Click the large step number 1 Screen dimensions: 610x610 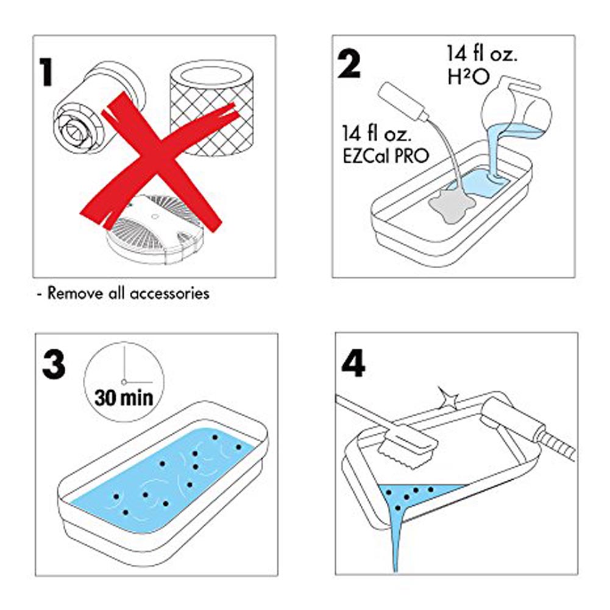[x=47, y=72]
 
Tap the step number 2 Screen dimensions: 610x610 [x=349, y=65]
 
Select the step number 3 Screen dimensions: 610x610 [x=54, y=364]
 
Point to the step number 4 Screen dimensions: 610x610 [x=353, y=363]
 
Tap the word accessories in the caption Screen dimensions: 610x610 [x=169, y=293]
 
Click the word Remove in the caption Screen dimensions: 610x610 [x=76, y=293]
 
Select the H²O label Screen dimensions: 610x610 [x=468, y=77]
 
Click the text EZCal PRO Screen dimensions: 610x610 [x=386, y=156]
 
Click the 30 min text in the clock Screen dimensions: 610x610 [x=124, y=398]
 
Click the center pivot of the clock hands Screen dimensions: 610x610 [x=124, y=382]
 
